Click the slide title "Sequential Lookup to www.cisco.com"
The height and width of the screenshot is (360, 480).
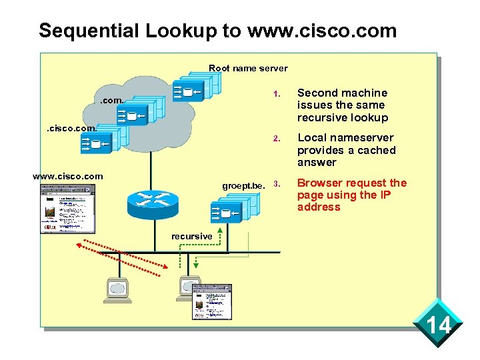pyautogui.click(x=217, y=31)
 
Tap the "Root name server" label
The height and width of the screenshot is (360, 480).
pyautogui.click(x=248, y=68)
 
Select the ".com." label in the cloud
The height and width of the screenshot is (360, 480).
pyautogui.click(x=111, y=101)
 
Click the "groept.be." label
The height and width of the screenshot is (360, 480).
pyautogui.click(x=244, y=185)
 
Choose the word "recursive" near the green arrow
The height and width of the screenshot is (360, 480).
pyautogui.click(x=192, y=236)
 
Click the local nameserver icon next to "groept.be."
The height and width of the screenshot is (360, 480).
pyautogui.click(x=234, y=209)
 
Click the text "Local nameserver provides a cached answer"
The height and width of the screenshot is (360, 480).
pyautogui.click(x=346, y=150)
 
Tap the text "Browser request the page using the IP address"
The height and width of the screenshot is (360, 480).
pyautogui.click(x=351, y=195)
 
